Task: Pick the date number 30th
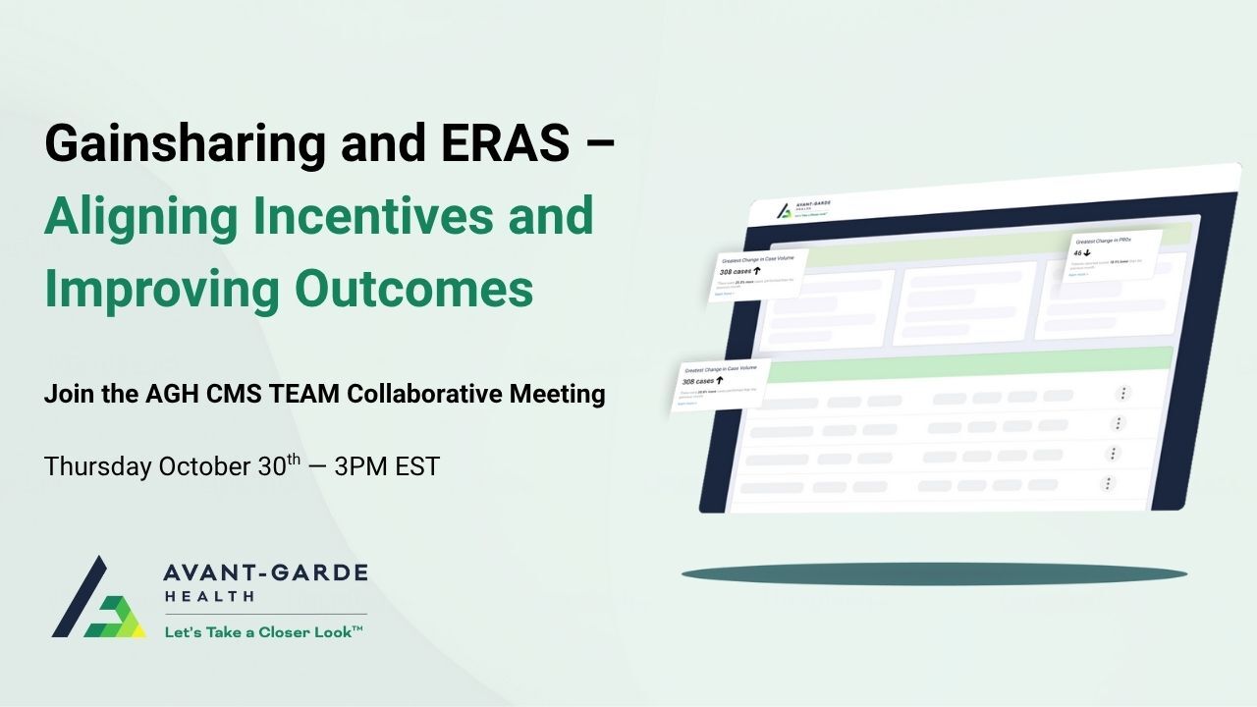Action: coord(279,465)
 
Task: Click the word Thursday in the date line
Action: coord(95,466)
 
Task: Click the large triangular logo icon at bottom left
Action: coord(96,599)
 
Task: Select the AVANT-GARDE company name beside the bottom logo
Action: coord(265,572)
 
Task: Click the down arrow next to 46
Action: coord(1088,252)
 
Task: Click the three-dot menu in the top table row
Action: coord(1123,393)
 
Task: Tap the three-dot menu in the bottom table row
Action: coord(1108,483)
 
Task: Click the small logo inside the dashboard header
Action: coord(784,210)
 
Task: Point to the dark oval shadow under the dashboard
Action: coord(934,574)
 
